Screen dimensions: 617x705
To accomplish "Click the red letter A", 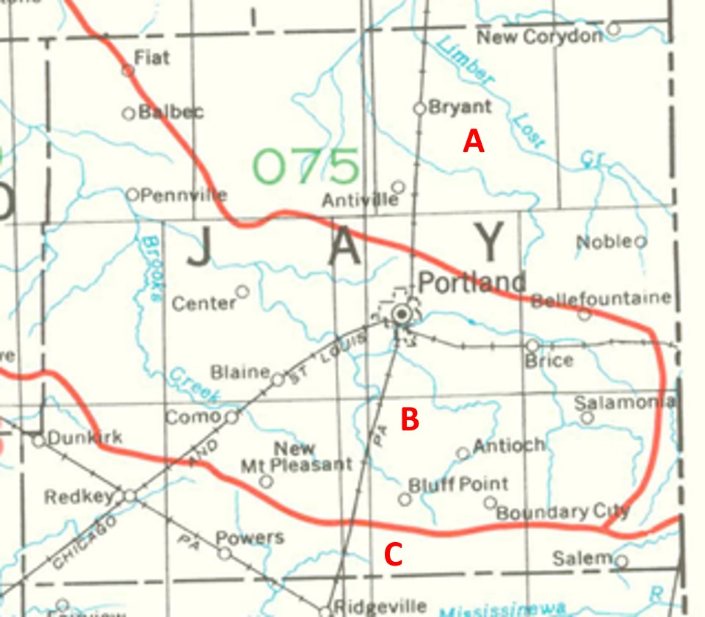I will coord(474,140).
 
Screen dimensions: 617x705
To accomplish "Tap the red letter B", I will coord(409,419).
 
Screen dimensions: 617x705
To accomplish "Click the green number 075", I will coord(306,167).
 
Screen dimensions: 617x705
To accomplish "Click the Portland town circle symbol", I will coord(402,315).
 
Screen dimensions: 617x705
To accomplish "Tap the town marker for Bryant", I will coord(420,108).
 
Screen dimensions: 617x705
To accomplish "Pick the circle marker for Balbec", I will coord(129,113).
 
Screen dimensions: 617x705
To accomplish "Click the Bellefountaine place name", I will coord(601,299).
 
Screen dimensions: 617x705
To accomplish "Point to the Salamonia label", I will coord(624,403).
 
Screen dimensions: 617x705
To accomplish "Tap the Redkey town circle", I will coord(130,496).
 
